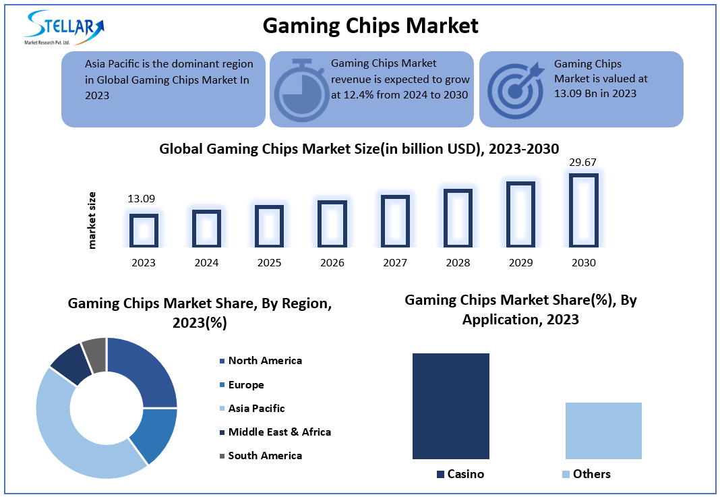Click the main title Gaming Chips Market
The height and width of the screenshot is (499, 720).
tap(370, 26)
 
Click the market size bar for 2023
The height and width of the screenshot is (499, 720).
tap(144, 230)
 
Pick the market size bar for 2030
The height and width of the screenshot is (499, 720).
tap(583, 210)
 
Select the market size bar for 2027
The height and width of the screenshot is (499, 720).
tap(395, 221)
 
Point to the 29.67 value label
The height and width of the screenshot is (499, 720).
tap(583, 162)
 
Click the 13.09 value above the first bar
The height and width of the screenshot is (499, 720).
tap(142, 199)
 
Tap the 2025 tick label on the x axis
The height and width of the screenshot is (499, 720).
tap(269, 263)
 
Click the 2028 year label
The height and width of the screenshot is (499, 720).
tap(458, 263)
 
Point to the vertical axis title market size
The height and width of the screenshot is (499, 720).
tap(92, 221)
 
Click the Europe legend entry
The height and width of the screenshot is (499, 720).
tap(245, 385)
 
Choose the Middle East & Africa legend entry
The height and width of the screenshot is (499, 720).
tap(279, 432)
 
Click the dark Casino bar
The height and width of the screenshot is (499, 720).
tap(450, 406)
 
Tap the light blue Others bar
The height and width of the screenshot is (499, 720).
tap(603, 431)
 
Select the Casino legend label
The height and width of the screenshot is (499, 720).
tap(465, 474)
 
